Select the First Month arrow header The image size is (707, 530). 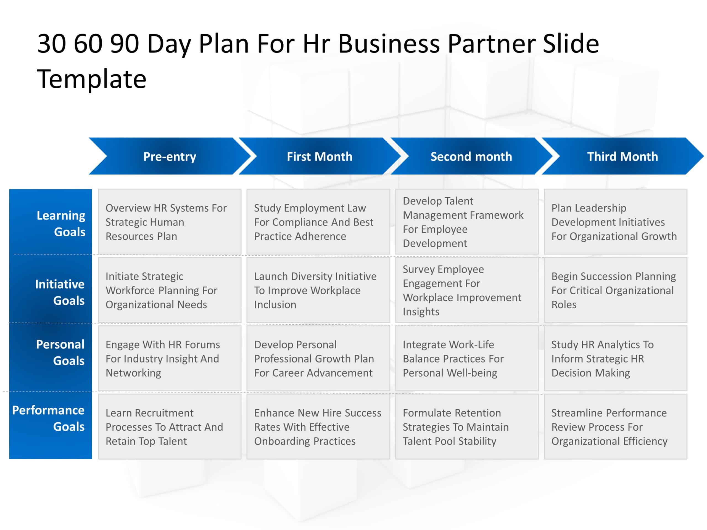[x=319, y=156]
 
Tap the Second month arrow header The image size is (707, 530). [x=471, y=156]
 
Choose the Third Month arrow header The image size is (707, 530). [x=622, y=156]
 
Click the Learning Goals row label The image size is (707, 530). [x=61, y=223]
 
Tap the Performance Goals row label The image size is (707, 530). [x=49, y=418]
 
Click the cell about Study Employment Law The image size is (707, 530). [x=318, y=222]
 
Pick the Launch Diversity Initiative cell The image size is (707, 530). [x=318, y=290]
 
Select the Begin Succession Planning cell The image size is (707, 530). [x=615, y=290]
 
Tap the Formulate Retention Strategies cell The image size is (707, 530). [x=467, y=426]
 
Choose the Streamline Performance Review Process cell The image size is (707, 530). [x=615, y=426]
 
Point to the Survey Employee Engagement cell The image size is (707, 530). [x=467, y=290]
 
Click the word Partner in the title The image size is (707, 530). [x=491, y=44]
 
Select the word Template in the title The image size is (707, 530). [x=92, y=79]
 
